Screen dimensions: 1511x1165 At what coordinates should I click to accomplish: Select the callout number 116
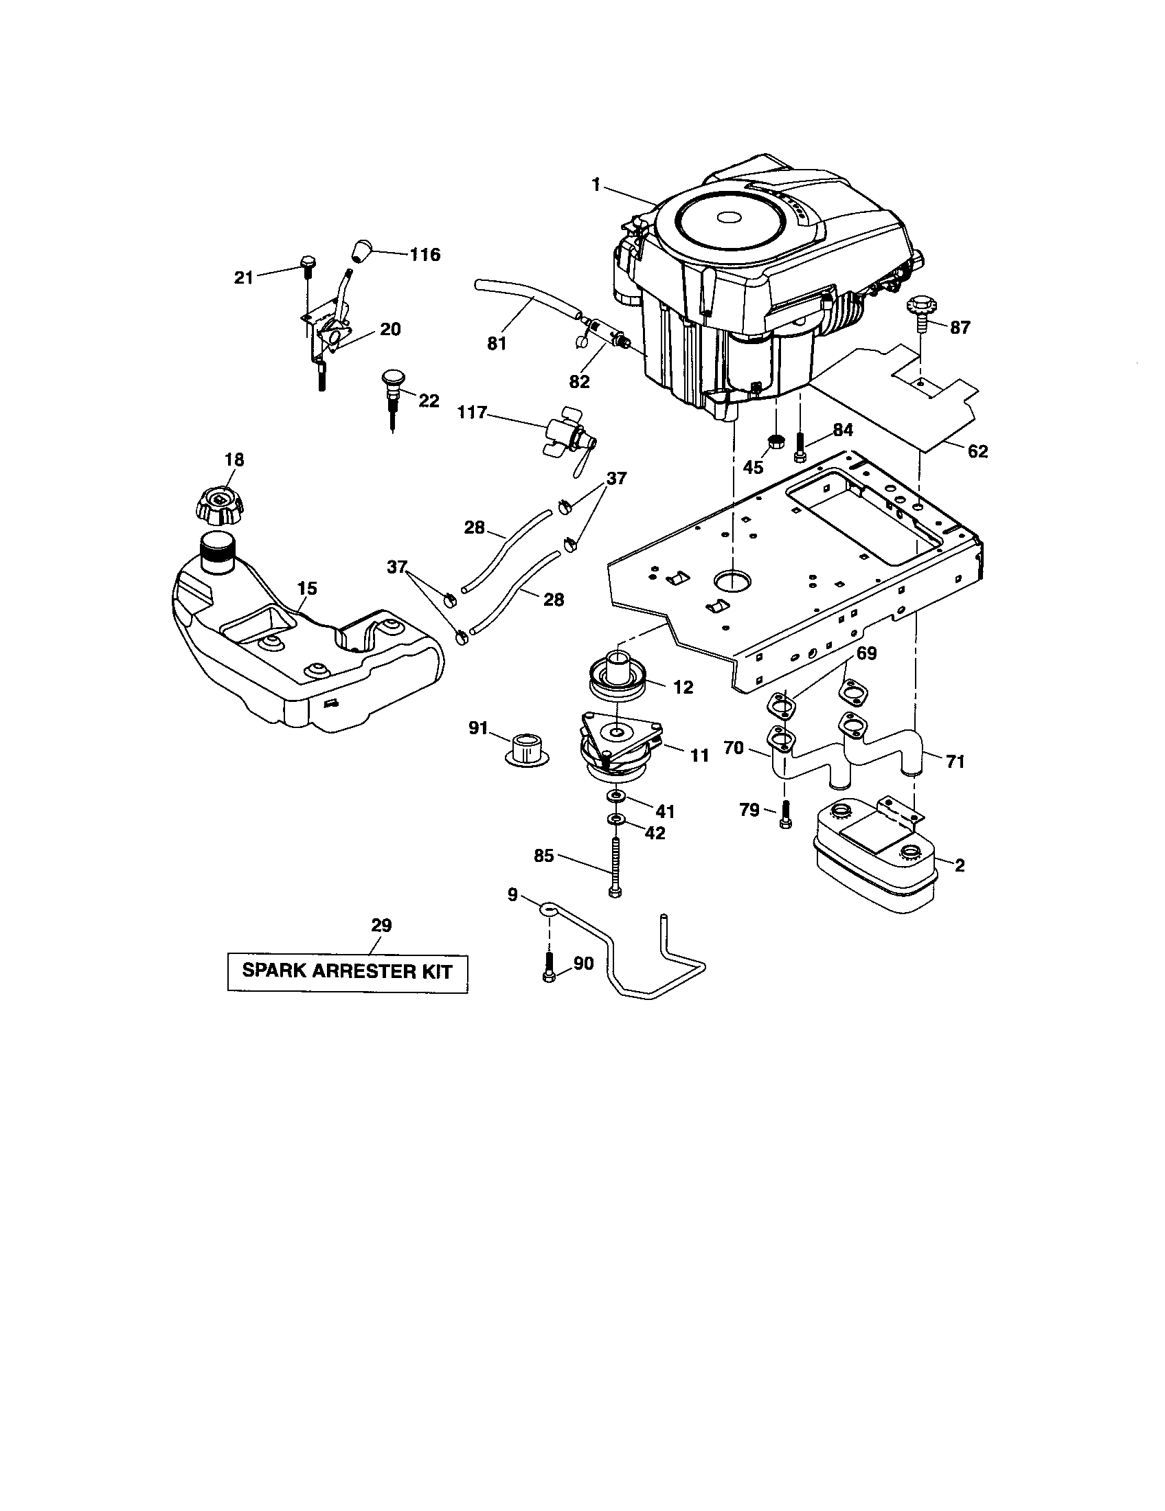(x=424, y=255)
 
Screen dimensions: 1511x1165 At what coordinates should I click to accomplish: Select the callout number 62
(x=977, y=452)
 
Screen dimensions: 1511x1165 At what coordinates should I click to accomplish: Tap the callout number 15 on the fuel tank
(x=307, y=588)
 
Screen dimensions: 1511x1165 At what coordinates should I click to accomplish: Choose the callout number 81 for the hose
(x=497, y=343)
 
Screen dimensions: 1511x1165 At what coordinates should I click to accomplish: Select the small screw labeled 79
(x=784, y=815)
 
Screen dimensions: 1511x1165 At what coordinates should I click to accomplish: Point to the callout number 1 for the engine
(x=596, y=185)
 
